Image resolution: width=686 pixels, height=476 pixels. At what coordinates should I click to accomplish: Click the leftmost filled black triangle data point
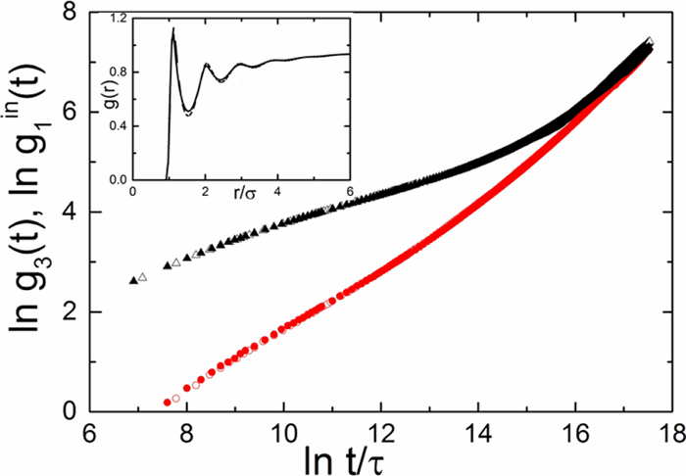[133, 281]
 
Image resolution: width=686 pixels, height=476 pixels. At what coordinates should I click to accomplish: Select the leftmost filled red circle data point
[167, 403]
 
